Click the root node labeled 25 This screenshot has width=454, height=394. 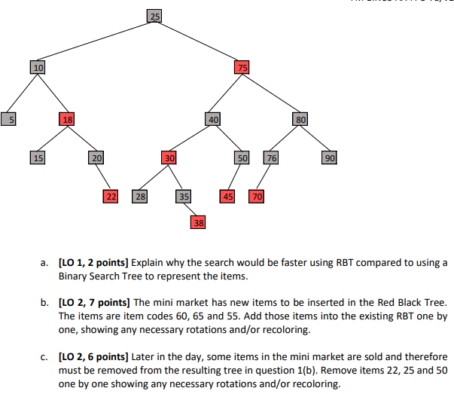(154, 16)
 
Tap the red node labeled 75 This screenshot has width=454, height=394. (242, 67)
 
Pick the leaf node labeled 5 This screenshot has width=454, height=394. (8, 118)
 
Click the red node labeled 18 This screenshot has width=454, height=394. (67, 118)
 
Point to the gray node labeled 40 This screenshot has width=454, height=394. (213, 118)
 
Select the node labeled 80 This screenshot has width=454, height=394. (300, 118)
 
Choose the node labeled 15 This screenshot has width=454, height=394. (38, 157)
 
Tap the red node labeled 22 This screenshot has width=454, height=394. (111, 197)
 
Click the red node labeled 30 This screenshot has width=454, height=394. (169, 157)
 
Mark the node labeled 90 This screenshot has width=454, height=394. (330, 157)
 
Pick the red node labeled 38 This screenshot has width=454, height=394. (198, 222)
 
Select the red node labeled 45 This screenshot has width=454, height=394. (227, 197)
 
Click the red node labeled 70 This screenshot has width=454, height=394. (257, 197)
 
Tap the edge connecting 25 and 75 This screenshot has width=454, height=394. (198, 41)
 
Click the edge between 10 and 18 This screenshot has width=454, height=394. (53, 93)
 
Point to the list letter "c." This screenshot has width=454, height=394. (46, 356)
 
